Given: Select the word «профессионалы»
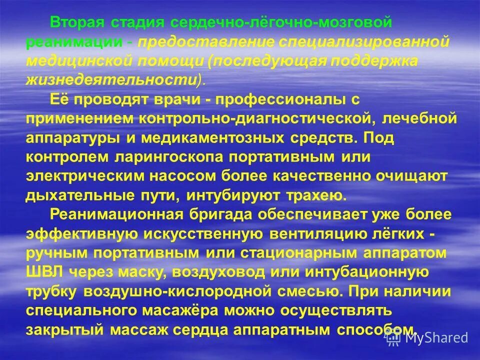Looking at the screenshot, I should [x=271, y=99].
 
